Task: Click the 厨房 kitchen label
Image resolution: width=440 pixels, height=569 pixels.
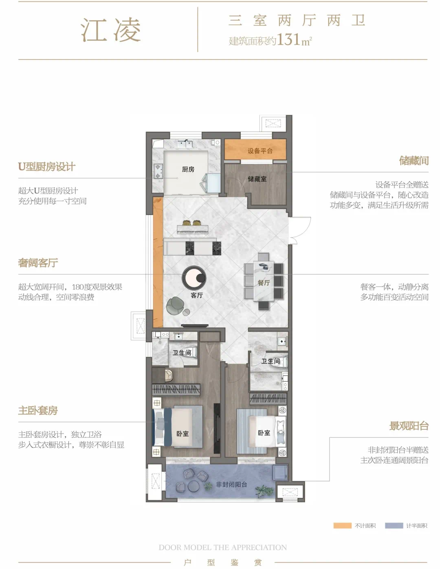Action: coord(188,169)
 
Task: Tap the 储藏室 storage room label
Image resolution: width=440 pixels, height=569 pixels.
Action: coord(257,179)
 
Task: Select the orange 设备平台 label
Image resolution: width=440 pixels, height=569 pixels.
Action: coord(260,151)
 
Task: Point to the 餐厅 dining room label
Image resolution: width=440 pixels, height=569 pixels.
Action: coord(264,283)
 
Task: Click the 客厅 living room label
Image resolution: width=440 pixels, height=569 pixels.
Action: coord(197,295)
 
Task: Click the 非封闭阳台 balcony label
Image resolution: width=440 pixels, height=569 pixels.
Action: coord(231,484)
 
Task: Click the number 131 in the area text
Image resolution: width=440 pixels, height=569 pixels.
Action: coord(288,39)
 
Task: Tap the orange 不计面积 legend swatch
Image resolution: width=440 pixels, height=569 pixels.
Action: coord(342,525)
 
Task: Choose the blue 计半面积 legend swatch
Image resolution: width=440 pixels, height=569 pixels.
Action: coord(394,525)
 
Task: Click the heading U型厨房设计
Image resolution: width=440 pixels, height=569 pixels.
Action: coord(46,167)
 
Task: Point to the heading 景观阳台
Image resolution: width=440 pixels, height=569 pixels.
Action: coord(409,426)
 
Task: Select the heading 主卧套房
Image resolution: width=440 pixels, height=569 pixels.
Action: coord(38,410)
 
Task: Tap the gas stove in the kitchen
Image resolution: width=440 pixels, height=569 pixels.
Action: coord(158,171)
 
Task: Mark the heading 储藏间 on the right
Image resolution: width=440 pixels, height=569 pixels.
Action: coord(414,161)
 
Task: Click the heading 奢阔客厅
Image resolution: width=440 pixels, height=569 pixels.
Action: coord(38,263)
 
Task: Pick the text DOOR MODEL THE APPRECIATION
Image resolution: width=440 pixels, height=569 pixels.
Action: coord(223,547)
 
